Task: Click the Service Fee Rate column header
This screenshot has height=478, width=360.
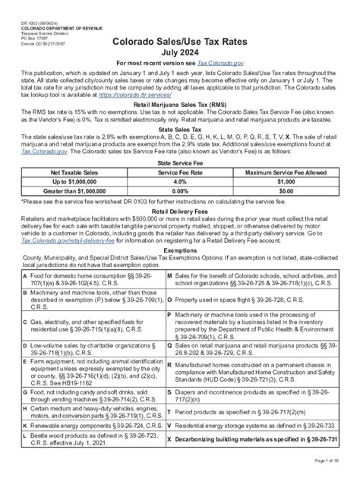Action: pyautogui.click(x=179, y=194)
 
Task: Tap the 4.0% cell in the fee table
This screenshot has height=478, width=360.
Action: pyautogui.click(x=179, y=204)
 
